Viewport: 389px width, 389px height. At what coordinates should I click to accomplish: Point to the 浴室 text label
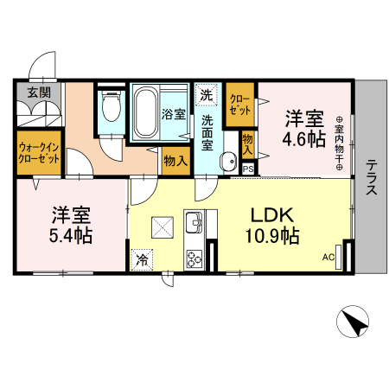coord(174,113)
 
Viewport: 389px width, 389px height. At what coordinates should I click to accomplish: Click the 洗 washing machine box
coord(207,92)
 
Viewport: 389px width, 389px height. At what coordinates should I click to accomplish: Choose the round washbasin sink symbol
coord(228,159)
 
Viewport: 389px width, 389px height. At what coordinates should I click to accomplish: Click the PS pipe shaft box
coord(248,169)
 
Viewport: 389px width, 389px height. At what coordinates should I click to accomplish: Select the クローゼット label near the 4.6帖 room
coord(240,105)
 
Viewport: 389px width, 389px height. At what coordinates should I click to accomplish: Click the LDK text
coord(274,214)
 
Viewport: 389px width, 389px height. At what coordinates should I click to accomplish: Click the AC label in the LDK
coord(328,256)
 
